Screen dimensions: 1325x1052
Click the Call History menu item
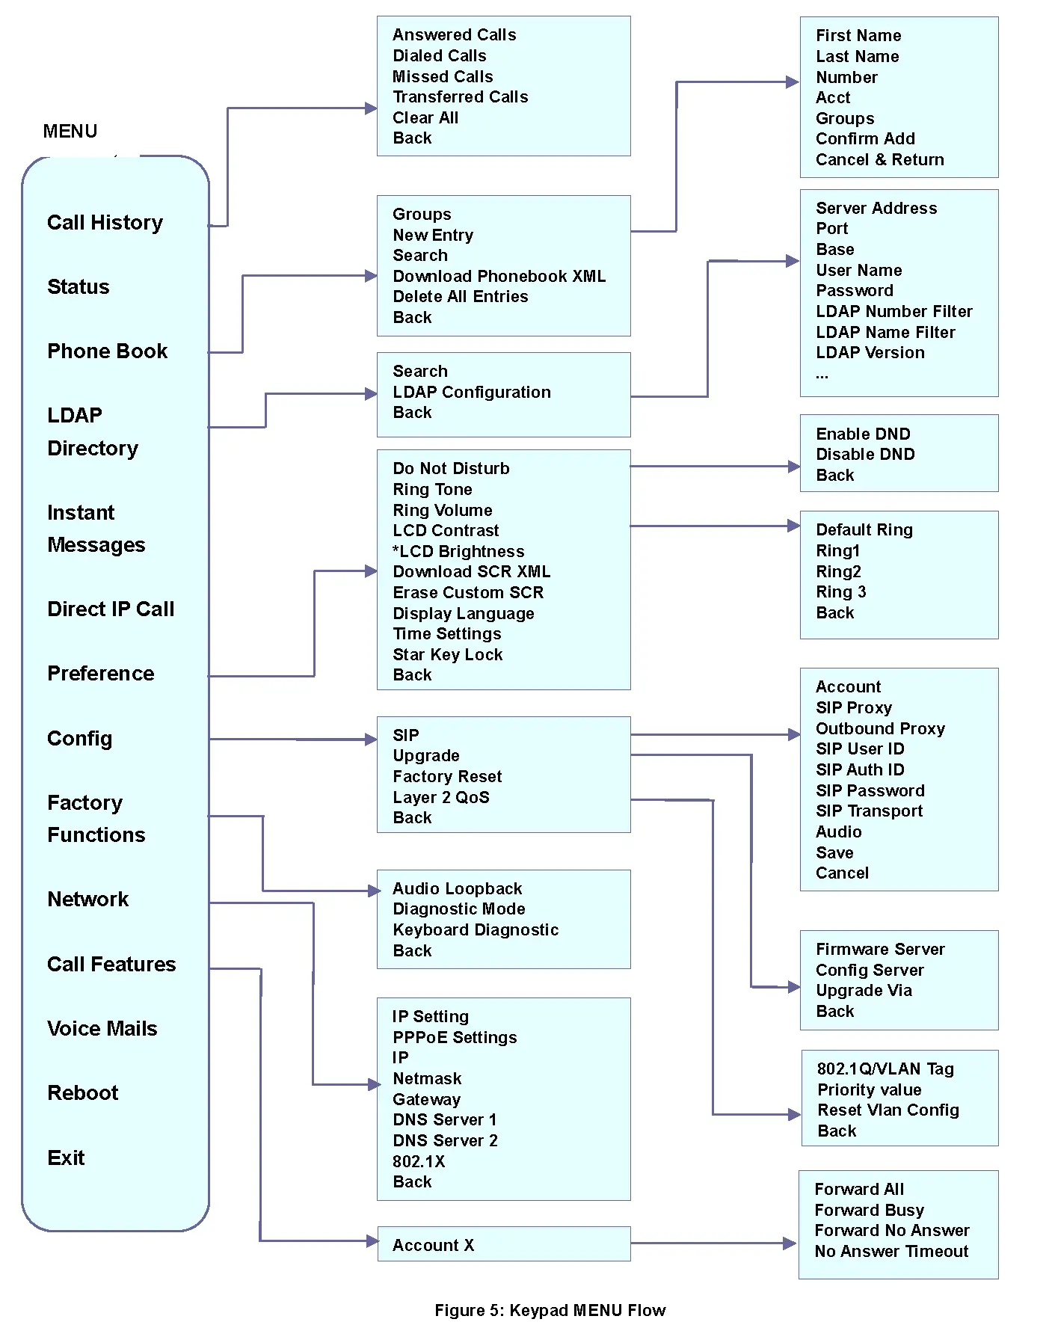tap(105, 223)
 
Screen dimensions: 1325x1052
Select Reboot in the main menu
tap(82, 1093)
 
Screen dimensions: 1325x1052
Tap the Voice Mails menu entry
tap(102, 1029)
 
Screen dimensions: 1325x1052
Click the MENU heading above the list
tap(70, 132)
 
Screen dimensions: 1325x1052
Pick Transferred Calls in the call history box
tap(460, 97)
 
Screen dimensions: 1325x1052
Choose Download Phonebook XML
tap(499, 277)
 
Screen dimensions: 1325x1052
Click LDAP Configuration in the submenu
tap(471, 393)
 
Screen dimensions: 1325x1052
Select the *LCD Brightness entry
tap(458, 552)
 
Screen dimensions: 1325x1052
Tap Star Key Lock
tap(447, 655)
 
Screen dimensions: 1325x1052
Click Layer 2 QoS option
tap(441, 798)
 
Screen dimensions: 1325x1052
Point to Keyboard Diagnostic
tap(476, 930)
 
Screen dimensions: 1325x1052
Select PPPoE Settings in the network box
tap(455, 1038)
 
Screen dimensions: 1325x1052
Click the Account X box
tap(503, 1245)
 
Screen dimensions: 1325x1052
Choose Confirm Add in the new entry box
tap(865, 139)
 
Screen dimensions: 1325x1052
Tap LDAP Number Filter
tap(893, 312)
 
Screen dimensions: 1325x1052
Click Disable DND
tap(865, 455)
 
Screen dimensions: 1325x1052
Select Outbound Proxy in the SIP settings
tap(880, 729)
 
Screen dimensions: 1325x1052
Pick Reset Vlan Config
tap(888, 1110)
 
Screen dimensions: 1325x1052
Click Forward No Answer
tap(891, 1231)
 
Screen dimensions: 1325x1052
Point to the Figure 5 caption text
tap(550, 1311)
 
